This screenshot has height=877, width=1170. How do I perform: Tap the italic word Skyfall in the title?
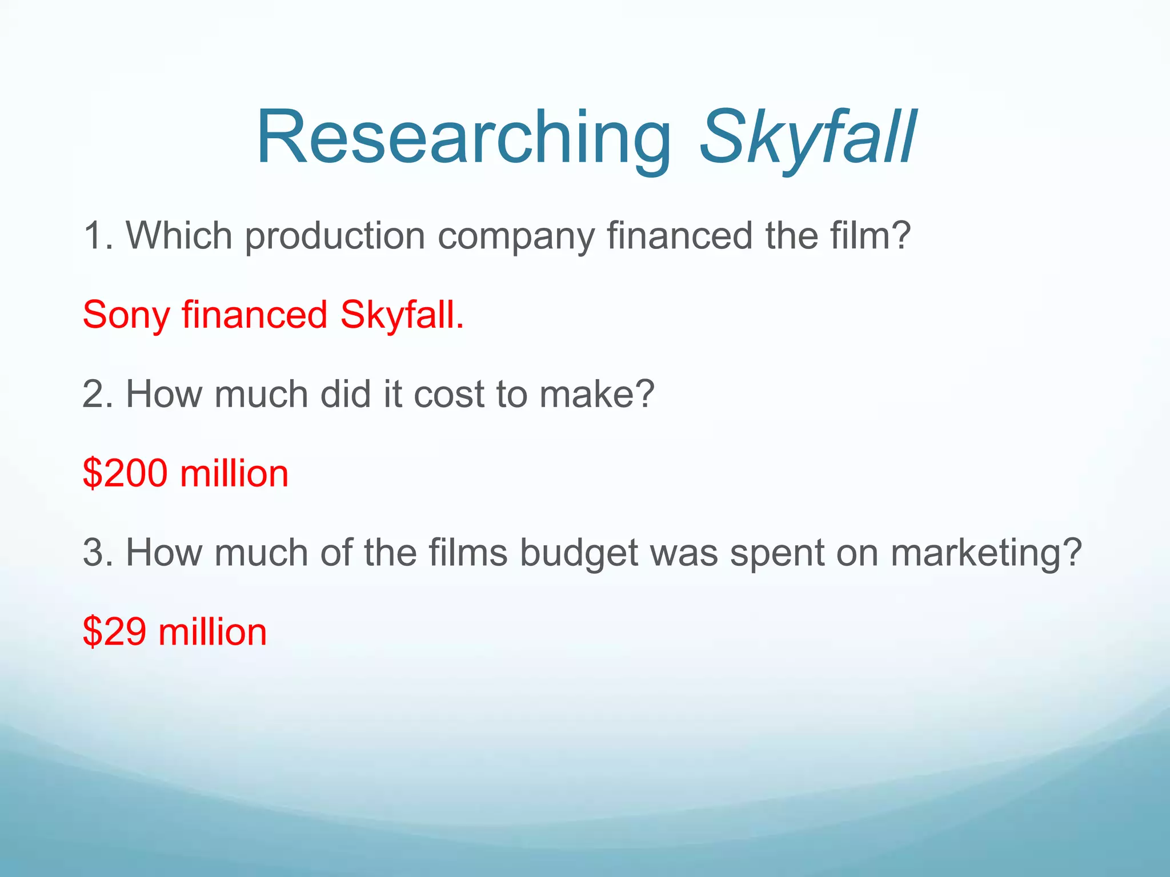[x=807, y=138]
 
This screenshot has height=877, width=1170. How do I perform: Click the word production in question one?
[x=335, y=236]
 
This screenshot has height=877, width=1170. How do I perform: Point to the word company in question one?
[x=516, y=236]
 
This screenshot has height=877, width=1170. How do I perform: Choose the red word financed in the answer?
[x=254, y=315]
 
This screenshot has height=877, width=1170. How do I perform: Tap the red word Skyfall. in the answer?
[x=402, y=315]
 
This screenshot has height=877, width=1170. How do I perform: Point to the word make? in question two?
[x=596, y=394]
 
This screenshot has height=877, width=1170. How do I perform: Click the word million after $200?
[x=234, y=473]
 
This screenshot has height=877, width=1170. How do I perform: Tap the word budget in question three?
[x=578, y=553]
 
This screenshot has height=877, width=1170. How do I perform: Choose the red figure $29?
[x=115, y=632]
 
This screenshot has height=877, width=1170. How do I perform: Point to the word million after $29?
[x=213, y=632]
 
